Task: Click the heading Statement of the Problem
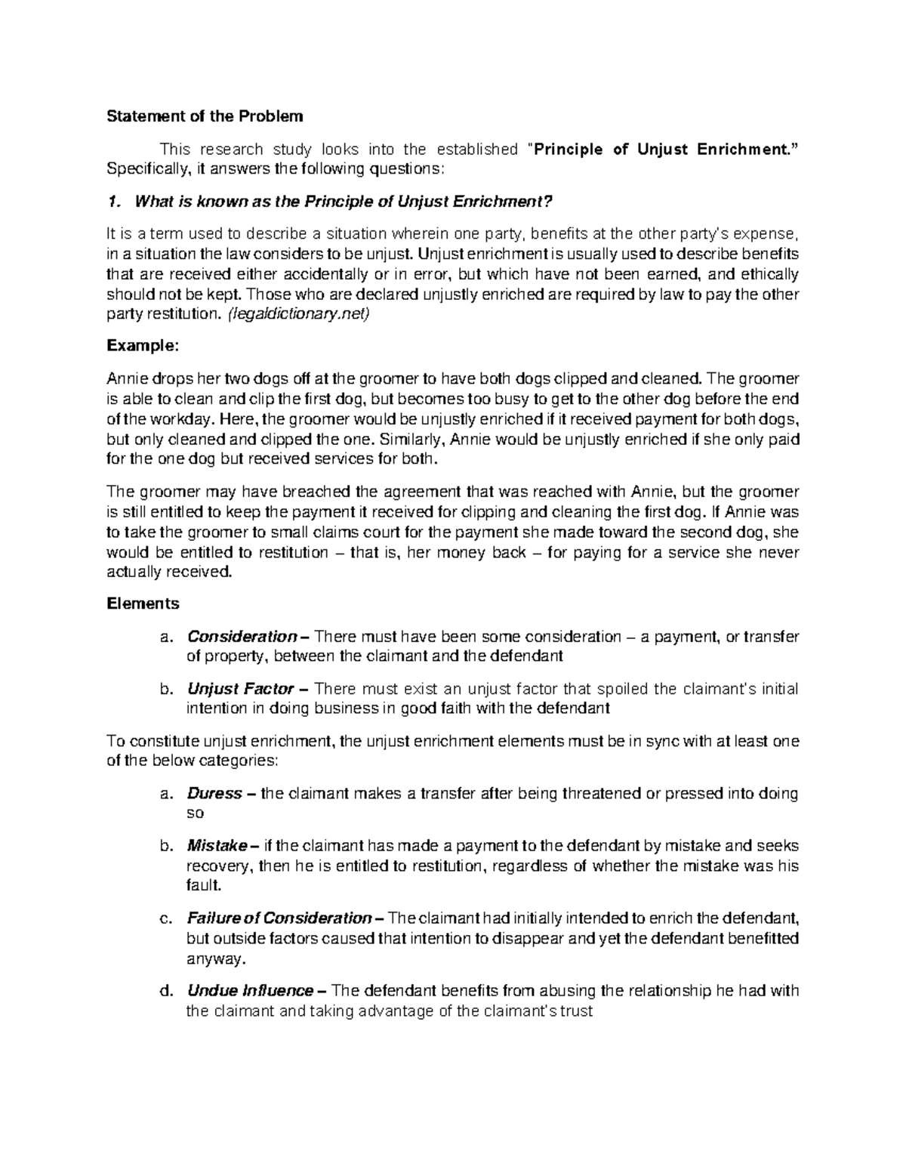coord(204,116)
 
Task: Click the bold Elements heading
coord(143,603)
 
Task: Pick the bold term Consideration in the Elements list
coord(242,636)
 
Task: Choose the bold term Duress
coord(214,794)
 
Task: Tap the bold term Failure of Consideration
coord(278,918)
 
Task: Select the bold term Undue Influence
coord(250,991)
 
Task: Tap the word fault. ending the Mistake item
coord(203,885)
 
